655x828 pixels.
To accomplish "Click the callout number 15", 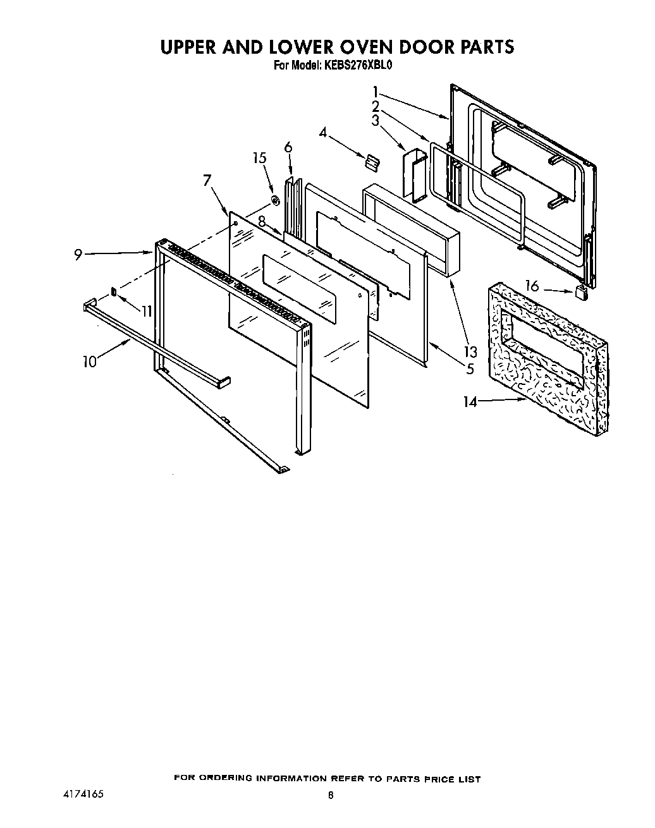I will (260, 158).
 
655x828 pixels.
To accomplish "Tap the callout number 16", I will (532, 286).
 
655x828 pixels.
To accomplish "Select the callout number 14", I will (470, 401).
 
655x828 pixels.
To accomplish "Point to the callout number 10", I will (90, 362).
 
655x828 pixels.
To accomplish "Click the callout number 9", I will (78, 255).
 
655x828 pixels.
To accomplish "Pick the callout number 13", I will (470, 352).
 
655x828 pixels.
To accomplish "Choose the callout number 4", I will (323, 133).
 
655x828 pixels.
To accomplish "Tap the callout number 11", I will (146, 311).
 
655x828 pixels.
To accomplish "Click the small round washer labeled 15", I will (275, 201).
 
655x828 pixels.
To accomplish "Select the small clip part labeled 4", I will (370, 162).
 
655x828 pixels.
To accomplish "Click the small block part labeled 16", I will (580, 291).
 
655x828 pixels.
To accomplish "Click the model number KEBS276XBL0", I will (360, 64).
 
